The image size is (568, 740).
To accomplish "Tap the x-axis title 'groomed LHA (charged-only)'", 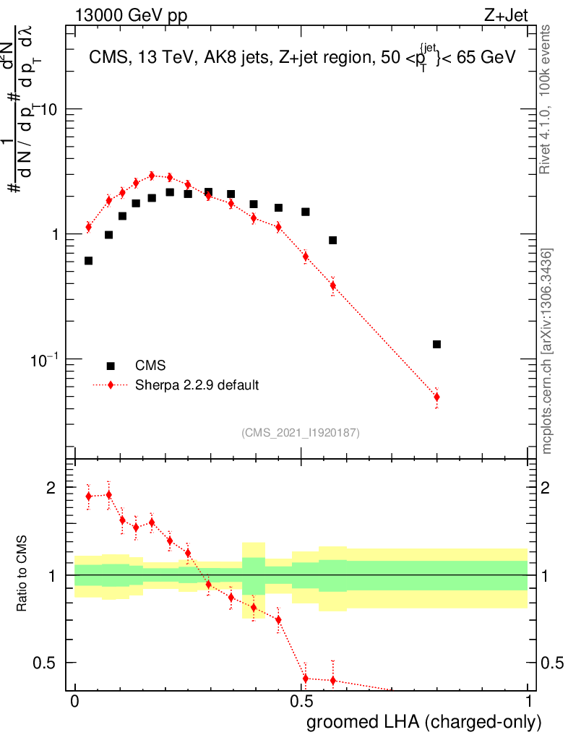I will pyautogui.click(x=425, y=722).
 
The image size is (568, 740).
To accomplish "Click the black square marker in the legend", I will pyautogui.click(x=111, y=366).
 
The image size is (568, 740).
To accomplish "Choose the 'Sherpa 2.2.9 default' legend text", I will pyautogui.click(x=197, y=385).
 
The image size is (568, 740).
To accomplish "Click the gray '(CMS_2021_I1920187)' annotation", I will pyautogui.click(x=301, y=432).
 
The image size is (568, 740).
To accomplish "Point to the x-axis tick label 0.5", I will pyautogui.click(x=301, y=702).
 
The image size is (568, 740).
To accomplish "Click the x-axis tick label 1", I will pyautogui.click(x=528, y=702).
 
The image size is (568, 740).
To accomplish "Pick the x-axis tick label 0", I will pyautogui.click(x=74, y=702).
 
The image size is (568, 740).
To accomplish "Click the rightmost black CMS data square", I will pyautogui.click(x=436, y=344).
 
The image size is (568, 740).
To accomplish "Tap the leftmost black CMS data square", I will pyautogui.click(x=88, y=260).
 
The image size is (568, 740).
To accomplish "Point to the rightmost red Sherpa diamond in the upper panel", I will pyautogui.click(x=436, y=397).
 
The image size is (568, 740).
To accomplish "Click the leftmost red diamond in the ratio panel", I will pyautogui.click(x=88, y=496).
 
